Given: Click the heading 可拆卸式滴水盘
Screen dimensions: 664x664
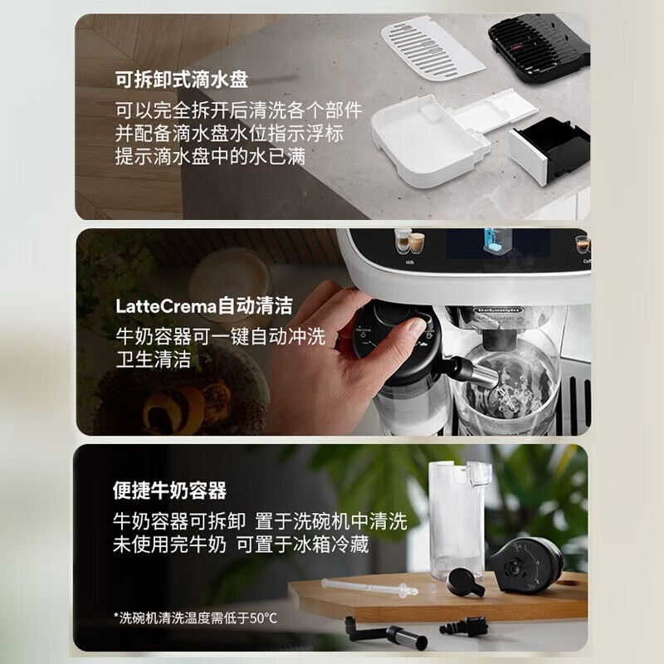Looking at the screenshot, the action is [x=182, y=80].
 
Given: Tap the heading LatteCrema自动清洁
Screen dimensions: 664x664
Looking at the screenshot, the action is [x=203, y=305].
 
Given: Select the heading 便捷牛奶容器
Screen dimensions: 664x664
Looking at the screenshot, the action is [x=170, y=491].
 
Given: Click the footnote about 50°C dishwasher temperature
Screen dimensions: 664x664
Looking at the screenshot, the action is [x=195, y=618].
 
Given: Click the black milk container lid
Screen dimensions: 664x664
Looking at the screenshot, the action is [x=527, y=565].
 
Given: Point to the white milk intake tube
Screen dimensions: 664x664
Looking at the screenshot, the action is [x=369, y=588].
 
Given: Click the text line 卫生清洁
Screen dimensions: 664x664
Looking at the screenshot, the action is [x=154, y=359].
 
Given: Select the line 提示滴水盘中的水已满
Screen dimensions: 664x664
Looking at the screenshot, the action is [x=211, y=157].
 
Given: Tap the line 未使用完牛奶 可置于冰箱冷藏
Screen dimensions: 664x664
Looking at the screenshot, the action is [x=241, y=544].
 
